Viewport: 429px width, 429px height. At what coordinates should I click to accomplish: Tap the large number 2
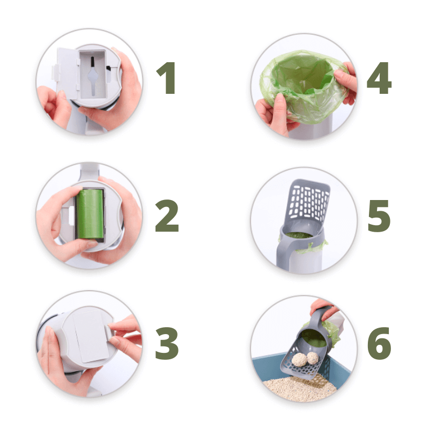point(167,216)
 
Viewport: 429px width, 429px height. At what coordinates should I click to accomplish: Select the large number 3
point(167,343)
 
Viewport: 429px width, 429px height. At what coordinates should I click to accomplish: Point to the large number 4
point(379,78)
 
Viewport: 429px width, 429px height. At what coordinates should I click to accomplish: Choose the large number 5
point(379,216)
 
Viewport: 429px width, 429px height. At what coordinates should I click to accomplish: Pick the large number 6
point(379,343)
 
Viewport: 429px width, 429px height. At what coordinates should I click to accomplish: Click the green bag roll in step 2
point(90,214)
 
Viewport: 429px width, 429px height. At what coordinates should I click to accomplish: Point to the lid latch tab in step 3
point(109,332)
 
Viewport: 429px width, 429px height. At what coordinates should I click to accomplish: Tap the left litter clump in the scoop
point(299,359)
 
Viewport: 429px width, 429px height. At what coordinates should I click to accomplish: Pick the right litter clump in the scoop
point(313,358)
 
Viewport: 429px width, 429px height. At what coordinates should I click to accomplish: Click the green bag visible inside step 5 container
point(299,235)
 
